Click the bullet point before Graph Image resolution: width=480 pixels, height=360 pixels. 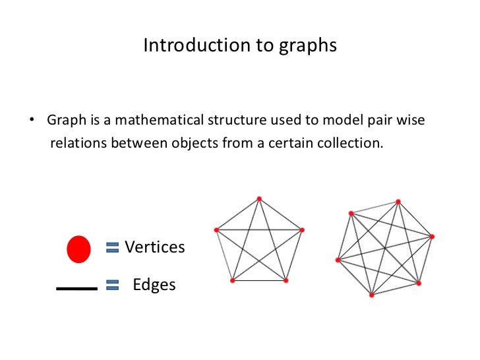30,121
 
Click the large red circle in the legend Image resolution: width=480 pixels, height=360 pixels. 78,249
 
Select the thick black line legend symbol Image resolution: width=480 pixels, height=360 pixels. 76,288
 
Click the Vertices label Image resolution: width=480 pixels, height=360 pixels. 155,247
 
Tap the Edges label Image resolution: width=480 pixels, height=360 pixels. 154,285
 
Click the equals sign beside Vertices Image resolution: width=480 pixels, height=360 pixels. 112,247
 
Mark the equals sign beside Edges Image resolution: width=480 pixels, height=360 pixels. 112,285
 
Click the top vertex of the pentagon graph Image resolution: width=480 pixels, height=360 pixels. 259,198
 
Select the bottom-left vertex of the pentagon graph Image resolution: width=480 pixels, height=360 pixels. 232,280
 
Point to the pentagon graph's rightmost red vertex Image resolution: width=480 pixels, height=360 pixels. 302,229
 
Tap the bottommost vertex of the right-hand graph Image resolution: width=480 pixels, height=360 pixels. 371,295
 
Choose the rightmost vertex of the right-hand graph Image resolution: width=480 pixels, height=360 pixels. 432,235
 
